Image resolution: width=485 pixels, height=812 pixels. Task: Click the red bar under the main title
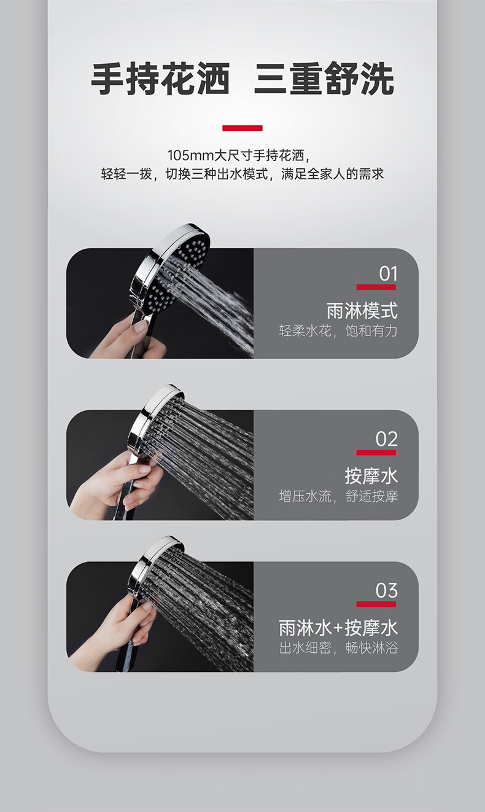[243, 128]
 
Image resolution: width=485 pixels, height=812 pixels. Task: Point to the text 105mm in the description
[190, 155]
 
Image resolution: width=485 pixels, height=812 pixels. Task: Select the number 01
[388, 274]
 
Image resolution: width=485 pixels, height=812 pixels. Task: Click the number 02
[387, 439]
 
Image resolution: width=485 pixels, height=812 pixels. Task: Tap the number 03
[387, 590]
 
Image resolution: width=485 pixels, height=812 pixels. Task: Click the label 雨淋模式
[362, 311]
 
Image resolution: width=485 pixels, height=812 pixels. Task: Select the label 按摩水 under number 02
[371, 476]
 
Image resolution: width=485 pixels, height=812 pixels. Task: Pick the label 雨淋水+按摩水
[338, 628]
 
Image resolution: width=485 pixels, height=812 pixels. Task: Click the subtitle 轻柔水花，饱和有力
[338, 330]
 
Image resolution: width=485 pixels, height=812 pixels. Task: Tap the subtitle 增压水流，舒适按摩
[338, 496]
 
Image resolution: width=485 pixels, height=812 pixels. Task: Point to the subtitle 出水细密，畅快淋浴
[338, 647]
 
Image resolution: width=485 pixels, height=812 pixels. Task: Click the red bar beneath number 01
[376, 287]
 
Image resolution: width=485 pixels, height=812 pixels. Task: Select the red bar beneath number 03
[376, 604]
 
